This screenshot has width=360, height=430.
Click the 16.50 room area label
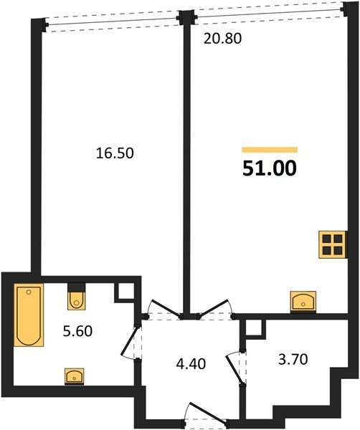(x=115, y=153)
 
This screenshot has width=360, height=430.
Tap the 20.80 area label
(x=222, y=39)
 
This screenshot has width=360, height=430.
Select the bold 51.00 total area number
(x=270, y=168)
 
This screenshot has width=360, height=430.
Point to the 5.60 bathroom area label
(x=77, y=331)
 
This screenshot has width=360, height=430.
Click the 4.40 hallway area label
(x=191, y=364)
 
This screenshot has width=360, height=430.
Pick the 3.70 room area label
(x=293, y=359)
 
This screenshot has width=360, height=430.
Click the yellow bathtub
(x=29, y=315)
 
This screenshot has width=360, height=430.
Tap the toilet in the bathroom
(x=77, y=297)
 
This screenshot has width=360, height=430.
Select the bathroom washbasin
(x=75, y=376)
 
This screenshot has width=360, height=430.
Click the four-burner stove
(x=333, y=244)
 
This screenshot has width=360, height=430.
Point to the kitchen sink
(x=303, y=302)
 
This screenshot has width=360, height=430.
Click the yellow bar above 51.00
(x=270, y=150)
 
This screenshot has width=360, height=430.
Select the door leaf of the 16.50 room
(x=166, y=308)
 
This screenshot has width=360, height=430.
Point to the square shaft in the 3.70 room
(x=255, y=327)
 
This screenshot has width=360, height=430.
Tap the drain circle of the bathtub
(x=29, y=292)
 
